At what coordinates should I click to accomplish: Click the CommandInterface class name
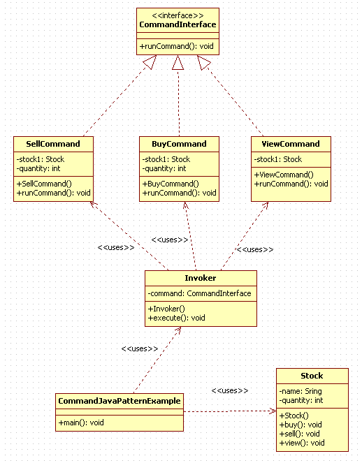click(x=178, y=24)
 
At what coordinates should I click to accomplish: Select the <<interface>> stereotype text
click(x=178, y=15)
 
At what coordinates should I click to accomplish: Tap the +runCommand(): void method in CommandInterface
click(x=176, y=46)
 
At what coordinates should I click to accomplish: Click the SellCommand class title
click(x=53, y=144)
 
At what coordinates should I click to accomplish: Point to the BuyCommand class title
click(x=179, y=144)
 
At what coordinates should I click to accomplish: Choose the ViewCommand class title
click(x=291, y=144)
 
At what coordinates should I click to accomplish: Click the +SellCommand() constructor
click(x=44, y=184)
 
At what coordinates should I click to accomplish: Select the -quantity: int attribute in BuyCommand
click(x=164, y=168)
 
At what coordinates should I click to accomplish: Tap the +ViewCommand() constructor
click(x=284, y=175)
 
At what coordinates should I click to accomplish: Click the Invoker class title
click(x=201, y=278)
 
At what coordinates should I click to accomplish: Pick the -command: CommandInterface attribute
click(x=199, y=293)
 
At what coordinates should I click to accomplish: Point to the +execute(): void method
click(x=176, y=318)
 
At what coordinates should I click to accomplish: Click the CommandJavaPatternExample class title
click(x=120, y=401)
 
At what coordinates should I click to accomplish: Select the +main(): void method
click(x=81, y=422)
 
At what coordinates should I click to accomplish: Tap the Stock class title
click(x=312, y=376)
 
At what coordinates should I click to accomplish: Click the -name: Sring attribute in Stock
click(x=301, y=391)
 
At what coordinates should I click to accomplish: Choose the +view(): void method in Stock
click(x=302, y=443)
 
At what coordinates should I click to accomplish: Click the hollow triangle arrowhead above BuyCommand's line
click(x=178, y=62)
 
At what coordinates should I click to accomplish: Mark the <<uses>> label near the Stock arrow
click(x=230, y=390)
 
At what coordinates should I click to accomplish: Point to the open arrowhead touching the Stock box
click(x=273, y=411)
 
